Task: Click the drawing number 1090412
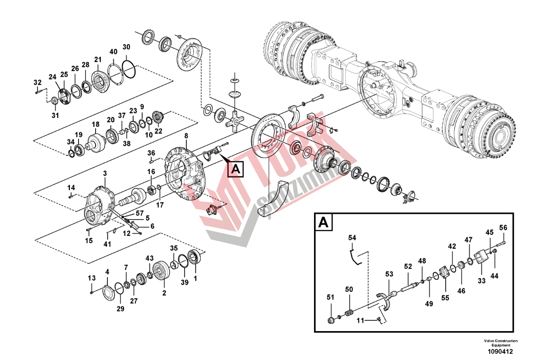click(500, 351)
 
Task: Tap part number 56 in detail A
click(503, 227)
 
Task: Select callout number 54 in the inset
click(352, 237)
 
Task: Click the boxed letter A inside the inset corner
click(323, 222)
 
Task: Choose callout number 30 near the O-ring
click(126, 47)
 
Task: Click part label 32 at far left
click(37, 82)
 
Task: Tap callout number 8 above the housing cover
click(186, 136)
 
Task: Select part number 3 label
click(105, 173)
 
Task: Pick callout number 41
click(107, 244)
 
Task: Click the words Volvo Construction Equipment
click(500, 343)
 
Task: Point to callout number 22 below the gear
click(158, 131)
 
